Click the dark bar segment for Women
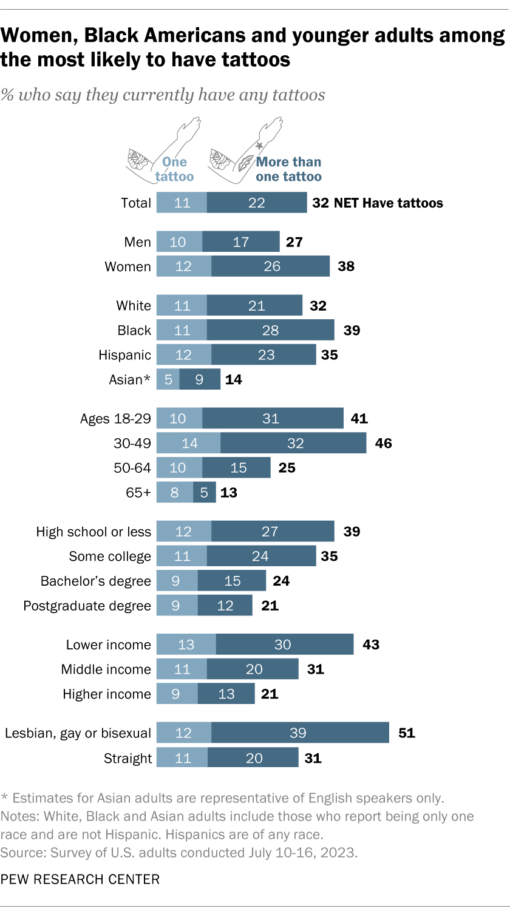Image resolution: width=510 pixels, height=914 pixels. [x=271, y=266]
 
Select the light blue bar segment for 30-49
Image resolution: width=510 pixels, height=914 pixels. [x=189, y=443]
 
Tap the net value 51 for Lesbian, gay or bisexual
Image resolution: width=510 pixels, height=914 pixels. [x=406, y=733]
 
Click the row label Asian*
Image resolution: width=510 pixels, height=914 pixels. [x=129, y=380]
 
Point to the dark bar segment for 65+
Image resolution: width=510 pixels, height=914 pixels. [x=203, y=492]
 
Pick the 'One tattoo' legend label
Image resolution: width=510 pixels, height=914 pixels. [x=174, y=169]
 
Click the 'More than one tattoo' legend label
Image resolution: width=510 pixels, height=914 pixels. [x=288, y=169]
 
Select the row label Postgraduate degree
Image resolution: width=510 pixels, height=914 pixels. [x=87, y=606]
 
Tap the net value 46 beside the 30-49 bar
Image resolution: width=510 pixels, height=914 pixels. [x=383, y=443]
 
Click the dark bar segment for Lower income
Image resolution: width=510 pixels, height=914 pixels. [x=284, y=645]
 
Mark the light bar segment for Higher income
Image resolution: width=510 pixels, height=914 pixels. [x=177, y=694]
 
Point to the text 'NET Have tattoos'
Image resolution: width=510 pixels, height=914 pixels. [x=388, y=203]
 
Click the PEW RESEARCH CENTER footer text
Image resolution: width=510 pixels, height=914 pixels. [x=80, y=879]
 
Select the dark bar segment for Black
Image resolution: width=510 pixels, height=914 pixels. [x=270, y=330]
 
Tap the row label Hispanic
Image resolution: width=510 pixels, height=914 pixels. [x=124, y=355]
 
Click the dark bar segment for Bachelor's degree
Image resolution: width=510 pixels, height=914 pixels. [x=232, y=581]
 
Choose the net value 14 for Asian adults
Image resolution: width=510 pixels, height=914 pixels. [x=233, y=380]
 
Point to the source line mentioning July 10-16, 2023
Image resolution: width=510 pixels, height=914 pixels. [x=179, y=852]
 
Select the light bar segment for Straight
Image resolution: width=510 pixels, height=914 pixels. [x=182, y=758]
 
